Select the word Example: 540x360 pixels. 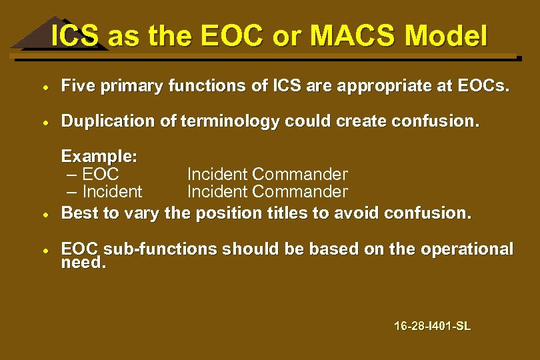pos(99,157)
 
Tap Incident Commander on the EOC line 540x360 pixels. pos(267,175)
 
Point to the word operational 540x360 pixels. pos(469,249)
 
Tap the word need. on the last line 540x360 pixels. pos(83,263)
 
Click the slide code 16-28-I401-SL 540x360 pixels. pos(432,326)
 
